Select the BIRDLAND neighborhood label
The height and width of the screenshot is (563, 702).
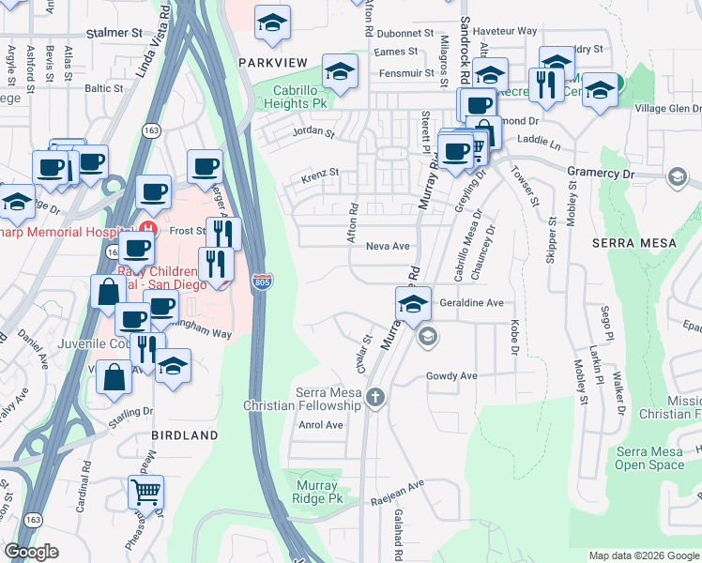tap(185, 435)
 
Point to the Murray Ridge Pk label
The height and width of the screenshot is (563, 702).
tap(323, 492)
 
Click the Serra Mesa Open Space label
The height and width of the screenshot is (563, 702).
tap(650, 458)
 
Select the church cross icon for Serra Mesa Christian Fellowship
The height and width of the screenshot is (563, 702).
tap(375, 397)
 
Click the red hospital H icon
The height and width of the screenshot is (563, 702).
tap(145, 229)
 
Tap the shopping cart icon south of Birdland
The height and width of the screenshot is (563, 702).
tap(146, 490)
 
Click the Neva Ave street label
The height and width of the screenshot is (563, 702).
tap(388, 246)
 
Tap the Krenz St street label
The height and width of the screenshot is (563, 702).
tap(319, 174)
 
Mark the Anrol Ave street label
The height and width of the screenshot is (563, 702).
tap(321, 424)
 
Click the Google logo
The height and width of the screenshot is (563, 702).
tap(32, 552)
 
